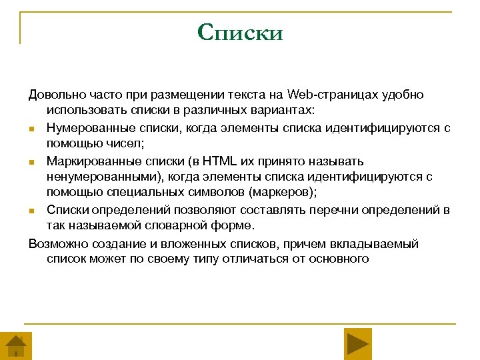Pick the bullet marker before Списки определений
[x=32, y=211]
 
